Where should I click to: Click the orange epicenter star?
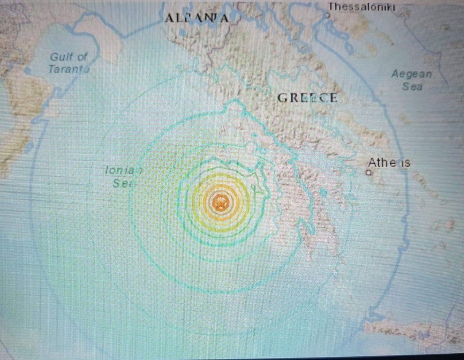(x=219, y=202)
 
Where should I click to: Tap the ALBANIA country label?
(x=197, y=18)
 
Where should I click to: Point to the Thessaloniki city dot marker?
(x=328, y=15)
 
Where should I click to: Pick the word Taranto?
(x=68, y=69)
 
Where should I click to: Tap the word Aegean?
(x=412, y=75)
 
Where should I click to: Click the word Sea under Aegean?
(x=412, y=87)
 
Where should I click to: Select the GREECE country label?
(x=307, y=98)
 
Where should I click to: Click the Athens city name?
(x=389, y=163)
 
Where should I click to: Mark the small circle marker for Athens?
(x=371, y=173)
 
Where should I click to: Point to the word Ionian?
(x=124, y=170)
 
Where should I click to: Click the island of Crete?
(x=413, y=331)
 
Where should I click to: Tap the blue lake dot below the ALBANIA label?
(x=183, y=33)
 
